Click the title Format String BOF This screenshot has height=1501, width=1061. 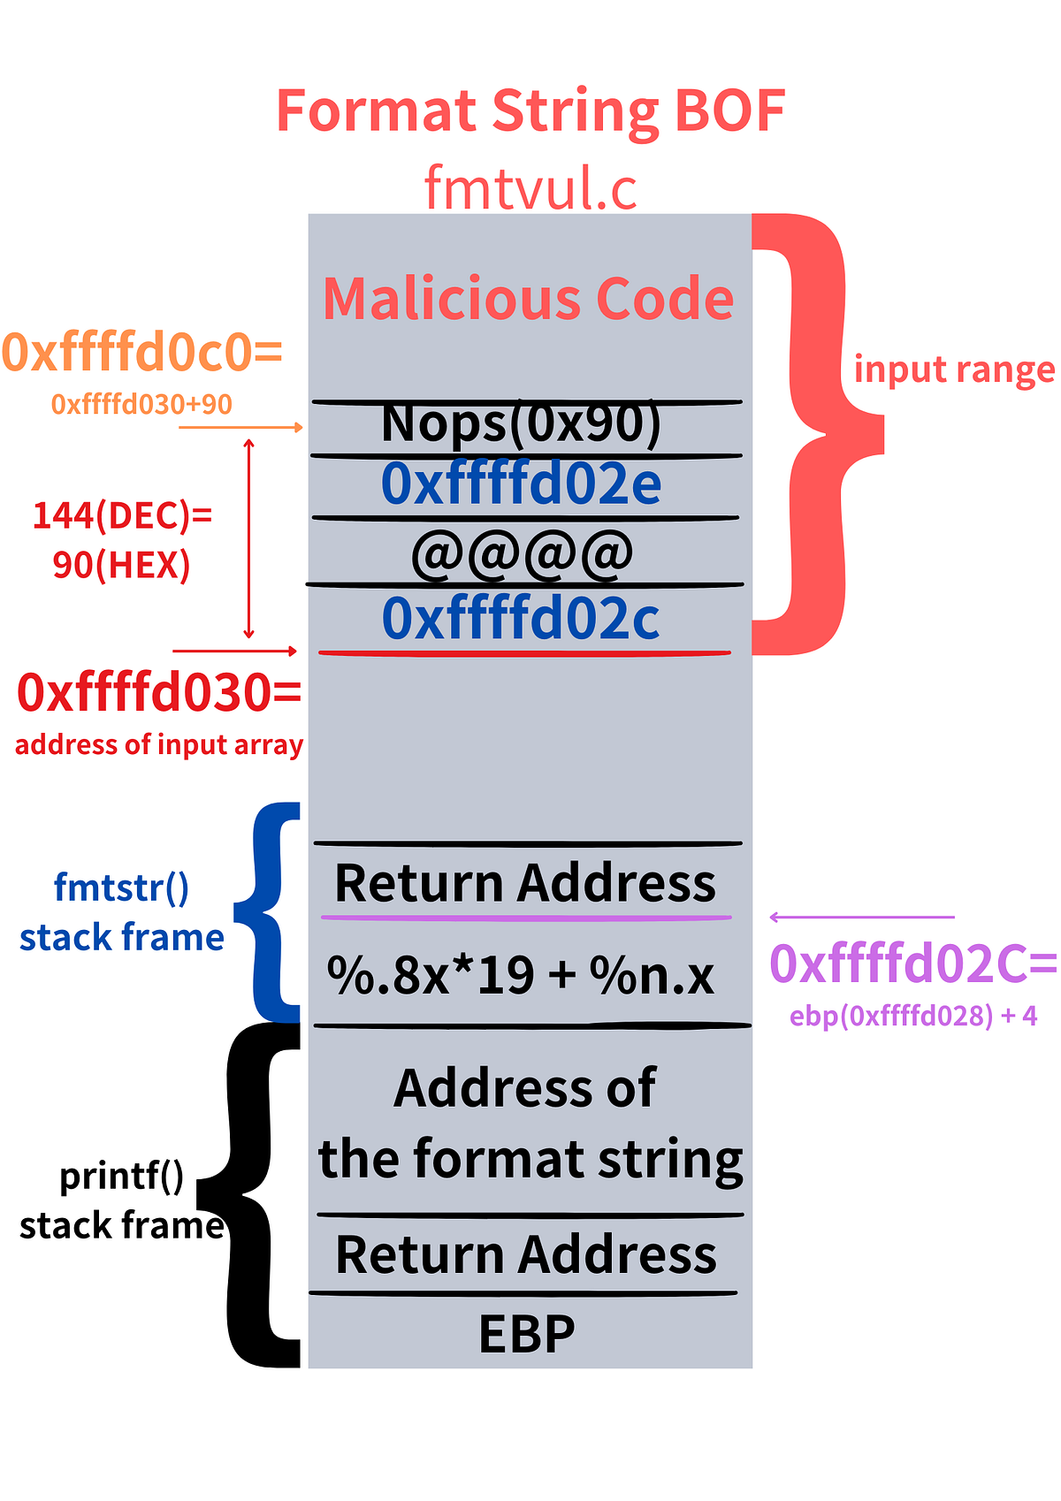pos(530,111)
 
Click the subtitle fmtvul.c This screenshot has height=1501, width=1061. pos(530,187)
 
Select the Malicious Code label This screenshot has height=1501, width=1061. pos(528,299)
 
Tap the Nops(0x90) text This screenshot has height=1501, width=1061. pos(522,423)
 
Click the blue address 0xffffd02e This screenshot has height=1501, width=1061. pos(522,484)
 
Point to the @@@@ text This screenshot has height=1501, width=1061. pos(523,553)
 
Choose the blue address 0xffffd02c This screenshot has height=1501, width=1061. pos(522,618)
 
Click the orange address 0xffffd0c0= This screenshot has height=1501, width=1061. pos(141,352)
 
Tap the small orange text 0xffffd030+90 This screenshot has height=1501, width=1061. pos(141,404)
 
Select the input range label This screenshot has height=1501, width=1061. pos(954,370)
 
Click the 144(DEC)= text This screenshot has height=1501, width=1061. pos(122,515)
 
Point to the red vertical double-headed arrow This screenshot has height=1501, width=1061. pos(249,538)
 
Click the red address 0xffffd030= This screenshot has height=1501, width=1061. pos(159,692)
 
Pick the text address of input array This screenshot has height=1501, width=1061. pos(159,744)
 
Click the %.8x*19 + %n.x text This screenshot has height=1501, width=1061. pos(521,976)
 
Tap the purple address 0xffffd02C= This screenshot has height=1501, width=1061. pos(913,964)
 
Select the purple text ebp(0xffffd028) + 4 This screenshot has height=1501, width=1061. pos(913,1016)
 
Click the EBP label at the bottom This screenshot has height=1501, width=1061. pos(527,1334)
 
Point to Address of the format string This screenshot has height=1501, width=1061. pos(529,1124)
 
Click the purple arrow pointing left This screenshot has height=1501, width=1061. pos(861,918)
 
